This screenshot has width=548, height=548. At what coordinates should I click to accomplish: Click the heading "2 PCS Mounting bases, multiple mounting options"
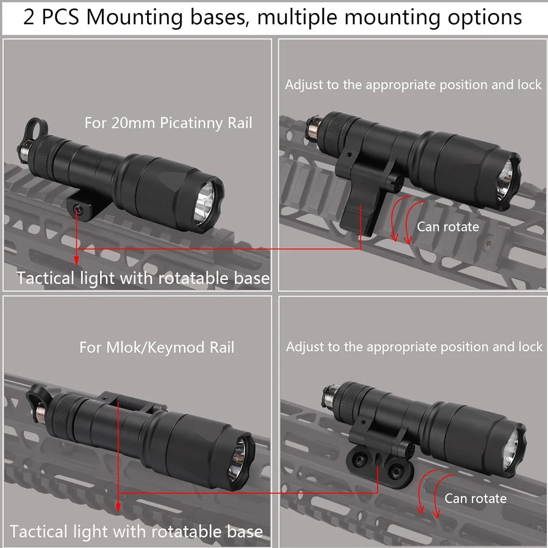click(273, 17)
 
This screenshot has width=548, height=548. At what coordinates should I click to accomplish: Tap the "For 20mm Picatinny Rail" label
click(168, 123)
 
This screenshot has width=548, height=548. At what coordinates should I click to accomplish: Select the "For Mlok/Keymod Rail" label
click(157, 348)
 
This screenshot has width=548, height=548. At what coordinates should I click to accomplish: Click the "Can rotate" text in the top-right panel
click(448, 227)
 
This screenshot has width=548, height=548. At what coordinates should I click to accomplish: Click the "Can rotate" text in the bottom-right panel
click(475, 498)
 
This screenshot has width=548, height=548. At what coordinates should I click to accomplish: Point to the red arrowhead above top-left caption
click(76, 260)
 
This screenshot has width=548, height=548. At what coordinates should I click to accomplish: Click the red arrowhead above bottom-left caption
click(118, 507)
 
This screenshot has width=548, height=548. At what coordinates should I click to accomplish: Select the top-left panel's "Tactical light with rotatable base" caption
click(143, 278)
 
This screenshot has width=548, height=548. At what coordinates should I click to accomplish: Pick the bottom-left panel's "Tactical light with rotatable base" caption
click(136, 532)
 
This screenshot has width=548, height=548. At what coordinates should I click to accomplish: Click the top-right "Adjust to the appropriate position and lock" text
click(413, 85)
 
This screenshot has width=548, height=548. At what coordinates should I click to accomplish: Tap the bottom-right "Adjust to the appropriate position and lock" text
click(414, 347)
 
